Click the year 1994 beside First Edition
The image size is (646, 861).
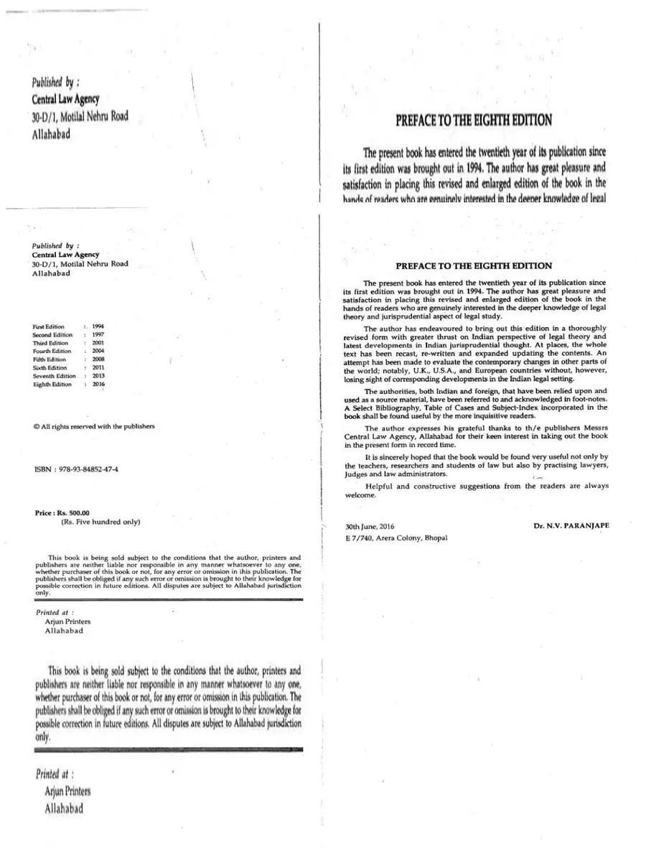tap(98, 326)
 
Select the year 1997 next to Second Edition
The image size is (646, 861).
tap(98, 335)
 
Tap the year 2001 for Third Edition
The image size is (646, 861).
tap(98, 343)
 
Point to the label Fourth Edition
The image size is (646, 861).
tap(52, 352)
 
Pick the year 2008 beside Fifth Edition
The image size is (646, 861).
tap(98, 359)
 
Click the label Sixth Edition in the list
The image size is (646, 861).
tap(50, 367)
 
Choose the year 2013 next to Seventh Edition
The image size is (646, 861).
tap(98, 376)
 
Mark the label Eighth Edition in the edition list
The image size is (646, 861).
tap(52, 384)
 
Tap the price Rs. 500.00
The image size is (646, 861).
tap(70, 513)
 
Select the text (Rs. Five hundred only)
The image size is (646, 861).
tap(100, 522)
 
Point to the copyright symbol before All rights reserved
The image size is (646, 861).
tap(36, 426)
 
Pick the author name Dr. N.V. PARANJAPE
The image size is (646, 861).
tap(571, 526)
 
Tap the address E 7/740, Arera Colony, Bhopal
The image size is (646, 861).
tap(396, 537)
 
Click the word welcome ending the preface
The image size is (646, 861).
tap(360, 495)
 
